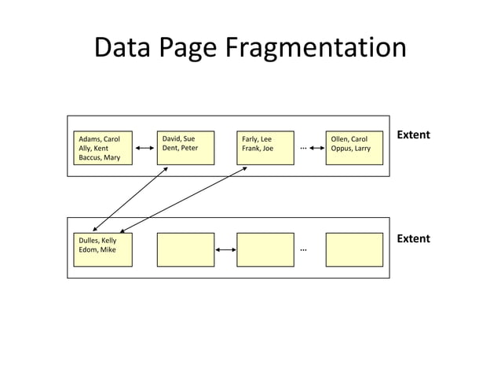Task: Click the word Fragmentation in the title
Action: pyautogui.click(x=316, y=49)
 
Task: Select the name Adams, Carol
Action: pyautogui.click(x=98, y=139)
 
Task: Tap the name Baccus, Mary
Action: pyautogui.click(x=99, y=157)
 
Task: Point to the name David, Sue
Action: pyautogui.click(x=177, y=139)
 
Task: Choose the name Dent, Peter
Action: pyautogui.click(x=180, y=148)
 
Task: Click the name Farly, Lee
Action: pyautogui.click(x=257, y=139)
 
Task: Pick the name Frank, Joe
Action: pyautogui.click(x=258, y=148)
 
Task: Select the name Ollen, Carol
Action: pyautogui.click(x=349, y=139)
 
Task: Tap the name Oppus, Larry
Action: pyautogui.click(x=350, y=148)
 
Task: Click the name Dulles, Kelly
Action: pyautogui.click(x=97, y=241)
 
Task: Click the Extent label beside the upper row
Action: pyautogui.click(x=413, y=135)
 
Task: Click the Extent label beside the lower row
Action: pyautogui.click(x=413, y=238)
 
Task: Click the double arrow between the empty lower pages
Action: pyautogui.click(x=225, y=250)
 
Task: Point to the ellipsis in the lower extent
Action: pyautogui.click(x=302, y=250)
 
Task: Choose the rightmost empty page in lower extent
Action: pyautogui.click(x=354, y=249)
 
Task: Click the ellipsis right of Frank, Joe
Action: pyautogui.click(x=302, y=147)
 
